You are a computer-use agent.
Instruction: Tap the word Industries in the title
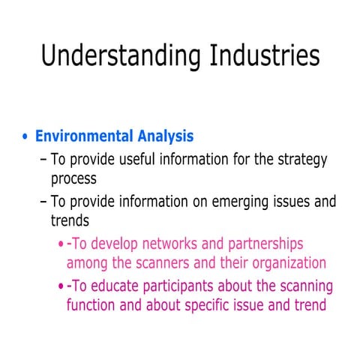(x=256, y=55)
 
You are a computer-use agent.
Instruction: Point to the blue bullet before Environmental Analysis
(x=27, y=137)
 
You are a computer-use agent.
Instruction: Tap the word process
(x=73, y=180)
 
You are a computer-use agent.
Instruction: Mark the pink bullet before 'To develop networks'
(x=61, y=244)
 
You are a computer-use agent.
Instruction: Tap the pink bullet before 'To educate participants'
(x=61, y=286)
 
